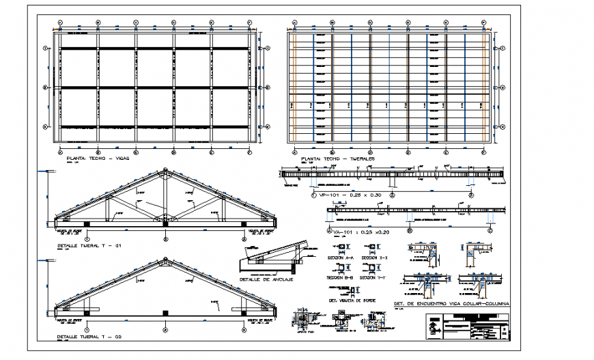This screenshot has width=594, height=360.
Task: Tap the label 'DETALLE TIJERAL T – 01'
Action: click(91, 243)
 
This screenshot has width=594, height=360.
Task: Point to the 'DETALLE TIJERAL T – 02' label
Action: click(91, 337)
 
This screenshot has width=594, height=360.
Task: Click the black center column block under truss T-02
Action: click(166, 312)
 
